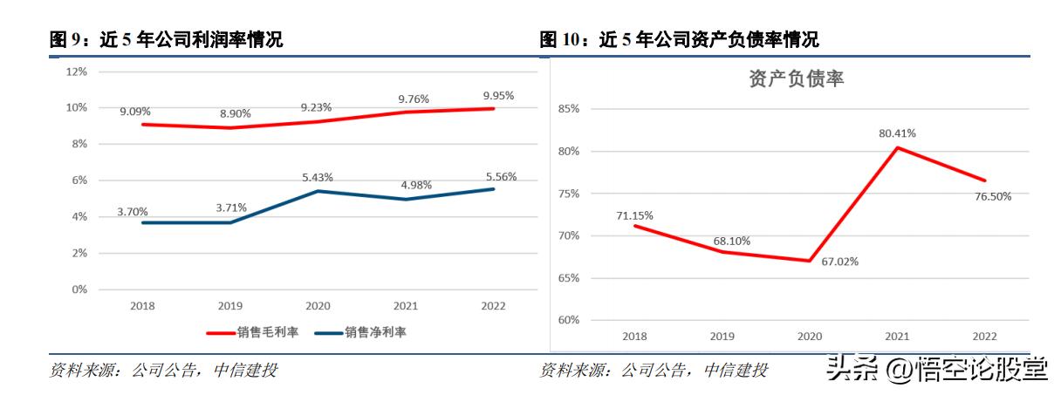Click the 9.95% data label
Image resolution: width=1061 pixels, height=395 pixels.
498,95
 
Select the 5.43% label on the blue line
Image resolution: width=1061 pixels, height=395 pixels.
317,177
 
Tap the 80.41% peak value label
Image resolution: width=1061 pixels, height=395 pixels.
897,133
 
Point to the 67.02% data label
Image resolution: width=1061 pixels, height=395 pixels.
839,260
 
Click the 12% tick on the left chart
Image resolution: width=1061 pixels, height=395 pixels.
76,72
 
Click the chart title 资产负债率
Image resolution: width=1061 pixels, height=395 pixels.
796,79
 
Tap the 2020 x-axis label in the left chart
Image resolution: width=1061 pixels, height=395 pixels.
318,306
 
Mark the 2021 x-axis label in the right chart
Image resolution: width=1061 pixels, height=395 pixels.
897,336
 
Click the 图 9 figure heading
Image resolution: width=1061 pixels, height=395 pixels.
166,39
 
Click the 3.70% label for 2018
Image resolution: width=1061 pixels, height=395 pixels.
132,211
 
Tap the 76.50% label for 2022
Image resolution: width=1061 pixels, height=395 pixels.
993,196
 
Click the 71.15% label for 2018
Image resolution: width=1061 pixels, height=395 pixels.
634,215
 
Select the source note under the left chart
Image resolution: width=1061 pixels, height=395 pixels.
163,370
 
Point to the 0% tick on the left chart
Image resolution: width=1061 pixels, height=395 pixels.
79,289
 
